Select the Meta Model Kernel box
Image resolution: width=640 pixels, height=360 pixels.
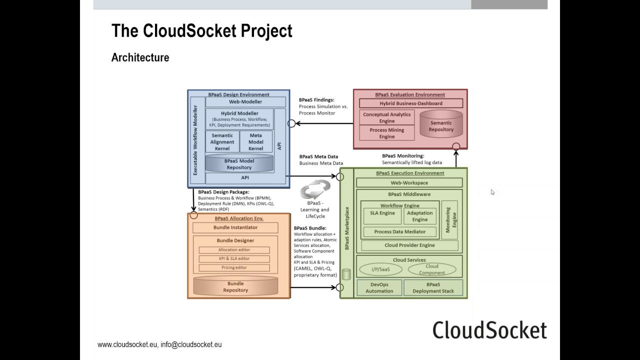(x=255, y=142)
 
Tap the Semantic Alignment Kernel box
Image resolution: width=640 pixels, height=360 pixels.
(x=222, y=142)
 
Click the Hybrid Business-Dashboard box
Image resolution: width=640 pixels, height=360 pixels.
(x=411, y=103)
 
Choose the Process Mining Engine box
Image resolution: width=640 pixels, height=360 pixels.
(x=386, y=133)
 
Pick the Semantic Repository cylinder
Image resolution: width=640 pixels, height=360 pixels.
(x=440, y=125)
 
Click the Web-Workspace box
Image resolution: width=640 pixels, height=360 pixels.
(x=409, y=183)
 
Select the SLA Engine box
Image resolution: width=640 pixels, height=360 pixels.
(x=382, y=215)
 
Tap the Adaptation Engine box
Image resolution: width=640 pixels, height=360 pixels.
(x=419, y=216)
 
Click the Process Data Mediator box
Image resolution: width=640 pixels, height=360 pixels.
(x=400, y=231)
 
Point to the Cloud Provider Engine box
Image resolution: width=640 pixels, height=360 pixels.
(x=409, y=245)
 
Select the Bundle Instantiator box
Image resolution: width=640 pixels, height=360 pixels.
(x=235, y=227)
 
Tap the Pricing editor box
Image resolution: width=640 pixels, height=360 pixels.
(x=234, y=267)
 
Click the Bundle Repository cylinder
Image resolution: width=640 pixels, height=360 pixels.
(x=235, y=286)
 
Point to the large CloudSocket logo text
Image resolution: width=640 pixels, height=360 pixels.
(x=489, y=330)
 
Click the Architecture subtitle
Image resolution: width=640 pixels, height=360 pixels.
(x=140, y=57)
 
